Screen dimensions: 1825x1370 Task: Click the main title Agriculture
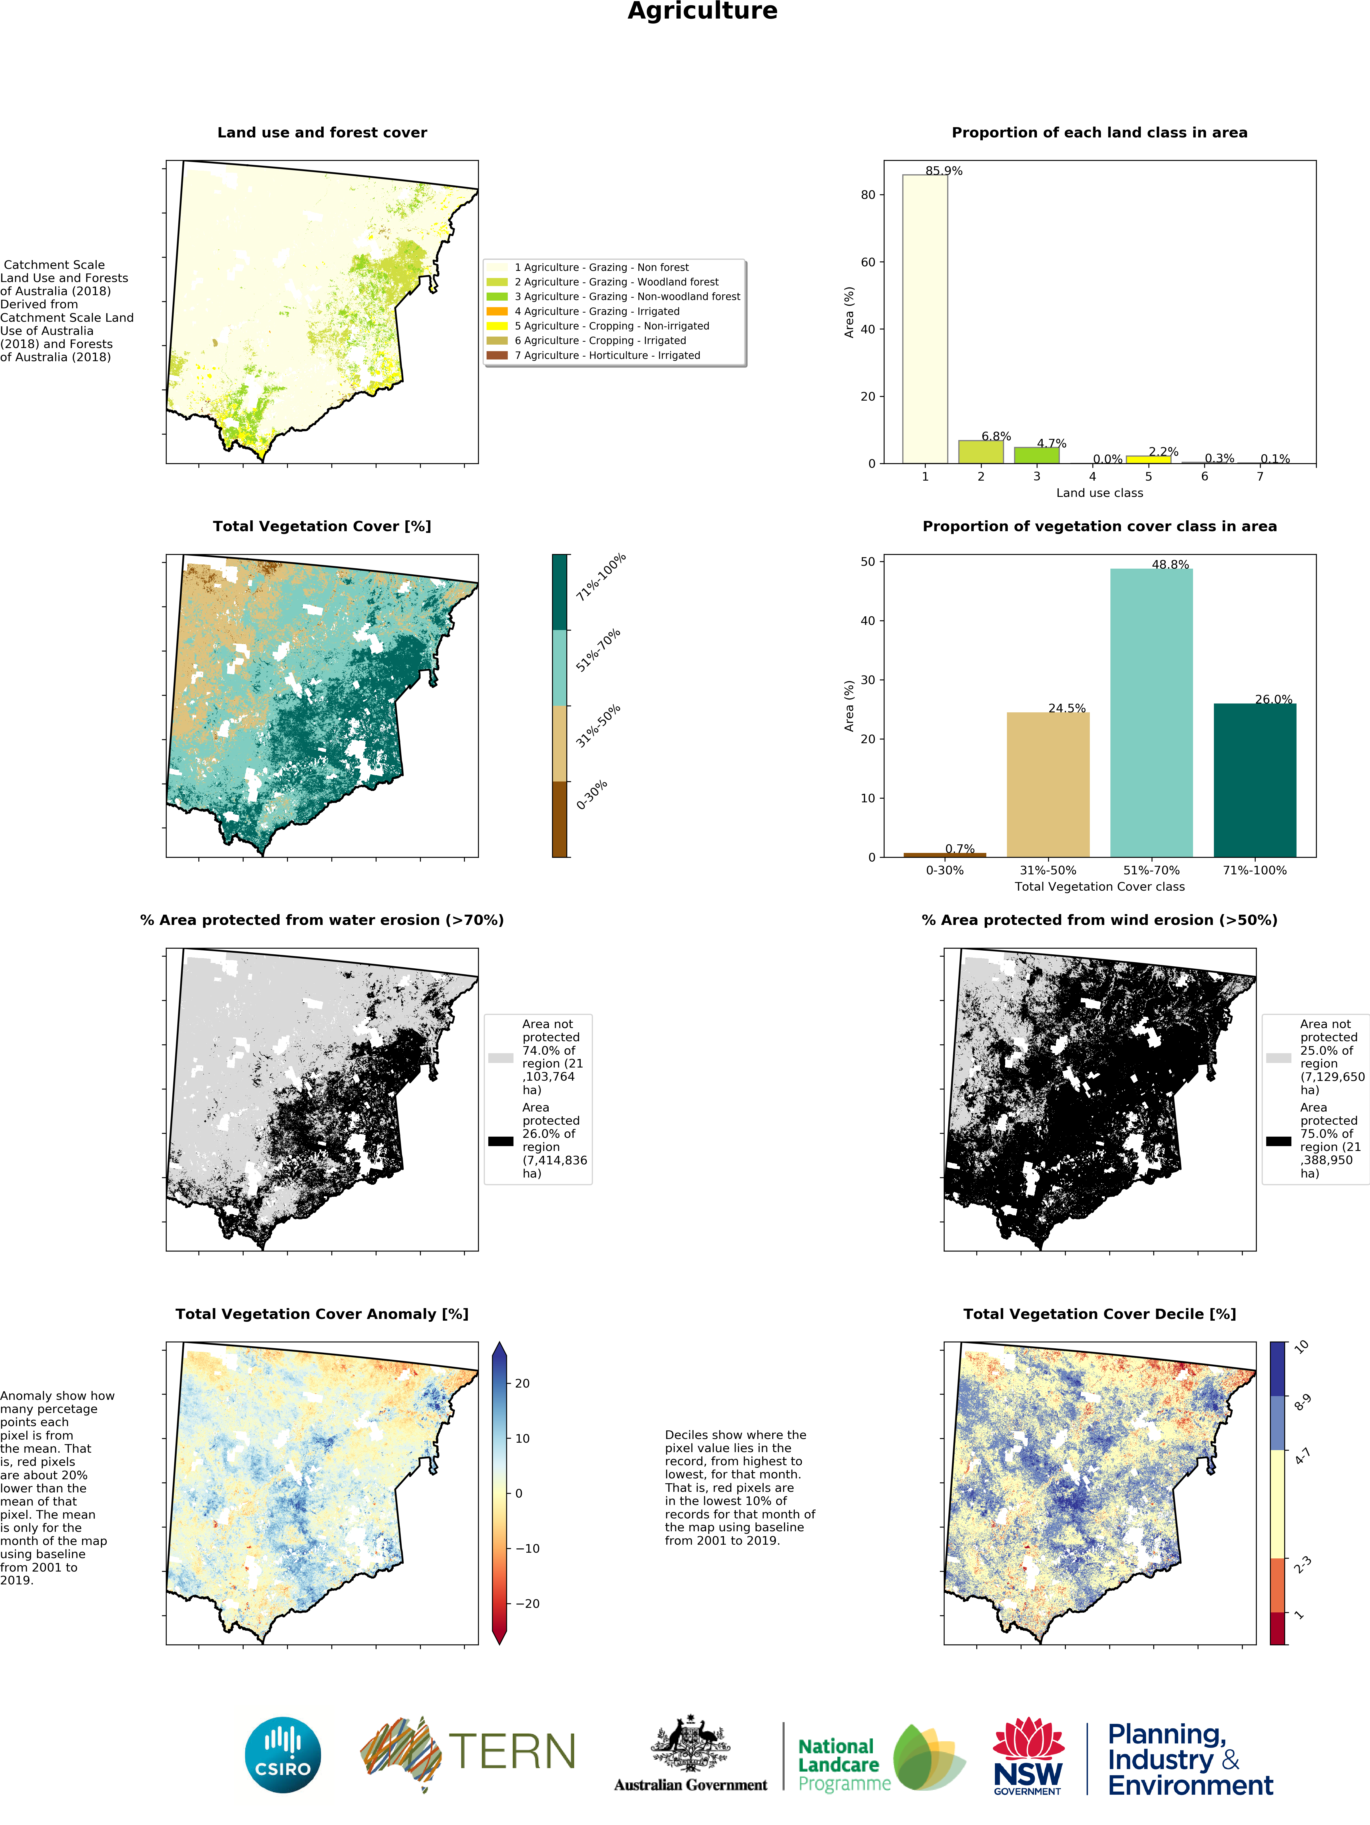pos(702,11)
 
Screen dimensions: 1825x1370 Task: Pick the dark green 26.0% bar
pos(1254,780)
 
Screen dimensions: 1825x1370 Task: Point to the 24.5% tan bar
pos(1048,784)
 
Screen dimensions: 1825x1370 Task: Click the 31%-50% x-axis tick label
pos(1048,870)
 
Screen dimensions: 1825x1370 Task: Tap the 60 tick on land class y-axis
pos(867,262)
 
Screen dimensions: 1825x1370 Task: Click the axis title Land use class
pos(1099,493)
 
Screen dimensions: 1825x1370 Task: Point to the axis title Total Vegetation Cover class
pos(1099,887)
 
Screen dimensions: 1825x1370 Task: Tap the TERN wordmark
pos(512,1752)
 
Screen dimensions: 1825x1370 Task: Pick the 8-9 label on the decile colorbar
pos(1302,1403)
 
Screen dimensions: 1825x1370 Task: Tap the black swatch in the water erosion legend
pos(500,1141)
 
